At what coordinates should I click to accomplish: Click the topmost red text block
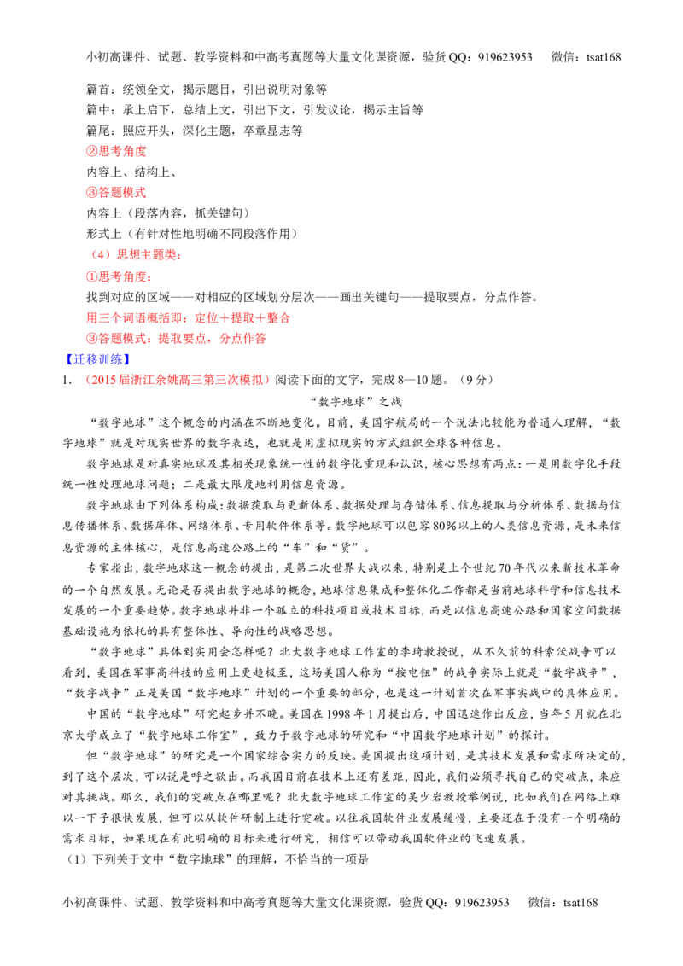pos(115,151)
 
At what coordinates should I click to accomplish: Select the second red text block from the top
pos(115,193)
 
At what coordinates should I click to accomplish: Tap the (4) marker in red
pos(101,255)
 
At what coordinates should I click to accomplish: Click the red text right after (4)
pos(149,255)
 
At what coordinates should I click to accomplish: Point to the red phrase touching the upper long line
pos(120,277)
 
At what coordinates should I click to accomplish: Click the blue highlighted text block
pos(96,359)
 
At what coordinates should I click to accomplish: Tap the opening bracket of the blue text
pos(68,359)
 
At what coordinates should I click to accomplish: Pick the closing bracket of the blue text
pos(126,359)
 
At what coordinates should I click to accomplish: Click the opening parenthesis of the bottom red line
pos(88,379)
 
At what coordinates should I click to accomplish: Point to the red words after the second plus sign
pos(277,318)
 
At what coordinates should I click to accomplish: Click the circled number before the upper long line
pos(90,277)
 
